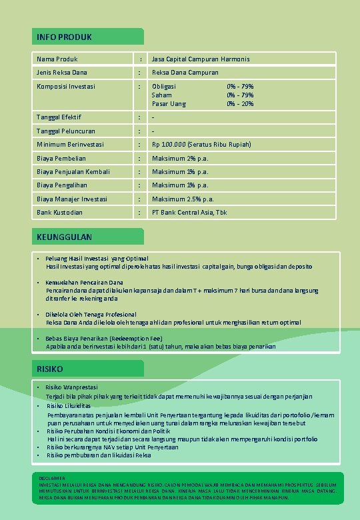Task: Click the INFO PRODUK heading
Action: (65, 37)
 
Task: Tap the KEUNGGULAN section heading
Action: (65, 237)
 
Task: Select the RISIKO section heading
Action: (51, 369)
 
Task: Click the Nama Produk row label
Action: (57, 59)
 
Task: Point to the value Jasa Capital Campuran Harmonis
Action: (201, 59)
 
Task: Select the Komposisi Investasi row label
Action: (66, 86)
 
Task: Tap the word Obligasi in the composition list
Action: (164, 86)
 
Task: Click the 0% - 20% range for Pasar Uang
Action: (240, 103)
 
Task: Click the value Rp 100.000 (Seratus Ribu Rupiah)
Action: (201, 145)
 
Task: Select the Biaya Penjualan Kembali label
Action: (73, 171)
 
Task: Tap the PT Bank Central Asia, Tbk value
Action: (189, 212)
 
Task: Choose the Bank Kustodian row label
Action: (60, 212)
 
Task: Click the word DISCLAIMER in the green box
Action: (53, 478)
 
